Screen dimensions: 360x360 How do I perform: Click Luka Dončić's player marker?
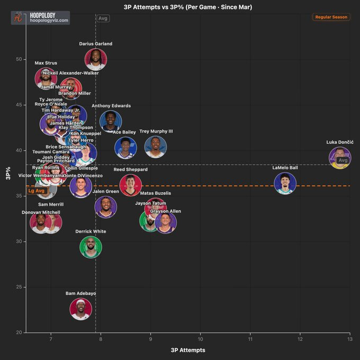(339, 158)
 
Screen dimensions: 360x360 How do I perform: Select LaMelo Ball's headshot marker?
(285, 183)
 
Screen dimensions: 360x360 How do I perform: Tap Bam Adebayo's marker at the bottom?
(81, 309)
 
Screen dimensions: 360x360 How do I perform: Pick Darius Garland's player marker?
(96, 59)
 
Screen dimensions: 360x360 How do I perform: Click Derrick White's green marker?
(91, 247)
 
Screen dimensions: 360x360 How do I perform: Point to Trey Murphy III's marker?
(156, 147)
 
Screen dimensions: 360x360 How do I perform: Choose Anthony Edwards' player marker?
(111, 121)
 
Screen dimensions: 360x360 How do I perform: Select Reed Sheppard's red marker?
(130, 185)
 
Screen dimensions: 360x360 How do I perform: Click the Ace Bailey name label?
(124, 132)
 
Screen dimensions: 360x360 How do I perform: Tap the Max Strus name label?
(46, 63)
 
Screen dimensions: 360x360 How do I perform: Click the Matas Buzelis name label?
(156, 193)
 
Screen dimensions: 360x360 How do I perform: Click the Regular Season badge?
(331, 17)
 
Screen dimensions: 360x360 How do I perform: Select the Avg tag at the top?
(103, 19)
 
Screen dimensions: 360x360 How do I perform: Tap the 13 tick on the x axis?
(349, 339)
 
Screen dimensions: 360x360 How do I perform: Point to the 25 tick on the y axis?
(19, 287)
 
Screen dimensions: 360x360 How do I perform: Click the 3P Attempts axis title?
(188, 350)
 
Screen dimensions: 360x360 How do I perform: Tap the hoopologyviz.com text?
(49, 20)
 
